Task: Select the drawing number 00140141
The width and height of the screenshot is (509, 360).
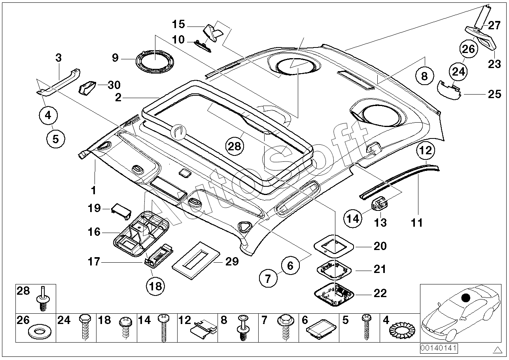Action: [x=439, y=348]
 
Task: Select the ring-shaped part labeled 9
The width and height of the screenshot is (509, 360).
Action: [x=155, y=61]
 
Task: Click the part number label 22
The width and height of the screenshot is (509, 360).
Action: [x=380, y=293]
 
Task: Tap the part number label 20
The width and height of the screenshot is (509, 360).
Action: [x=380, y=246]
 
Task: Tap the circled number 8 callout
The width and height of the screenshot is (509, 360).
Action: [x=424, y=76]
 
